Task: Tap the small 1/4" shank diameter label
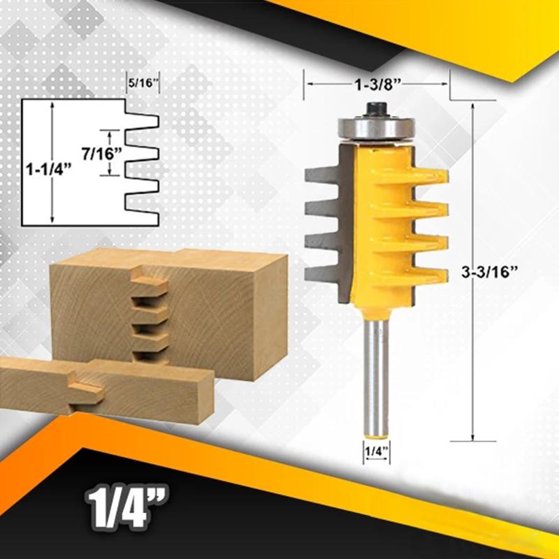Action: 376,451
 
